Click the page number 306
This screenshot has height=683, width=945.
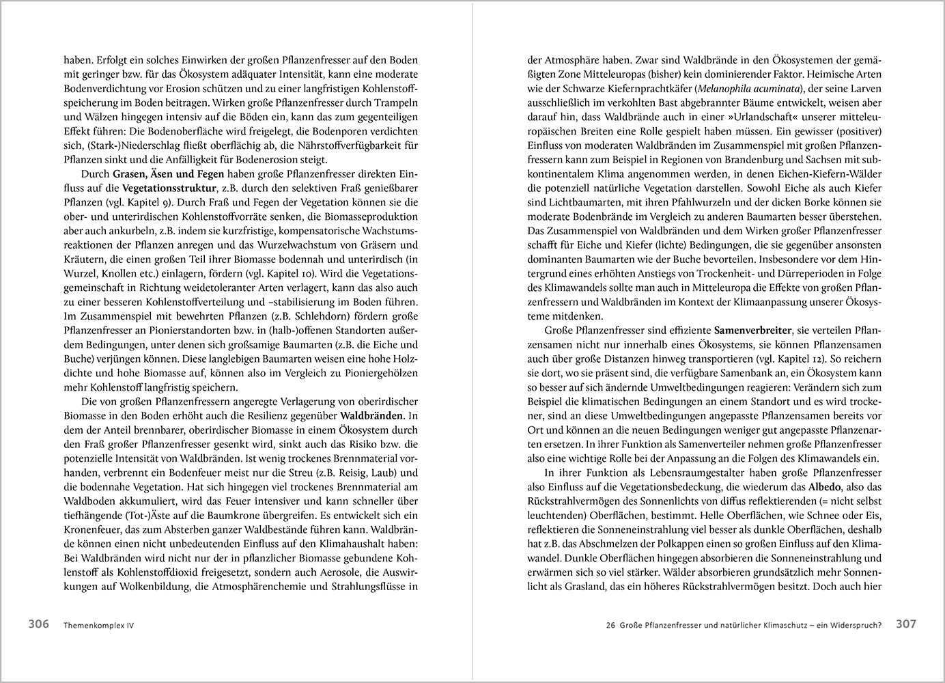(38, 624)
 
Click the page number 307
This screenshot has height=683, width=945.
(906, 624)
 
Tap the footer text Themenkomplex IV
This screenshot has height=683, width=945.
(98, 625)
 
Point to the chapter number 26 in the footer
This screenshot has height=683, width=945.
(611, 625)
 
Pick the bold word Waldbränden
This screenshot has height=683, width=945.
(378, 415)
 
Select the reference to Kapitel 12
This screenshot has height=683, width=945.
(821, 358)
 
